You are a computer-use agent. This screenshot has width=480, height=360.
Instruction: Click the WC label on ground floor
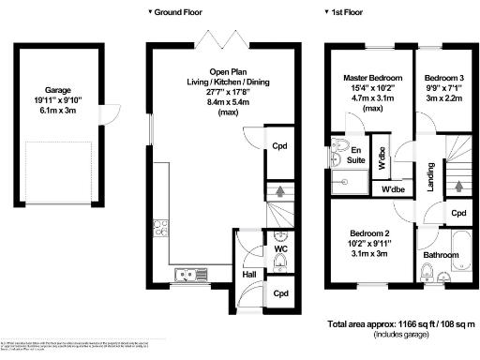(279, 248)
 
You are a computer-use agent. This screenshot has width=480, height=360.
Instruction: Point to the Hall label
(250, 274)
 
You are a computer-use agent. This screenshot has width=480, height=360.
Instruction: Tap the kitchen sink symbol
(195, 274)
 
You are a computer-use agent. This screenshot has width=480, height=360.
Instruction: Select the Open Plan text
(228, 71)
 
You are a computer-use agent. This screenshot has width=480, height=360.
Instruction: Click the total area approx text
(400, 324)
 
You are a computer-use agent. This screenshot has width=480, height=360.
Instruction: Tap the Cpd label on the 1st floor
(458, 213)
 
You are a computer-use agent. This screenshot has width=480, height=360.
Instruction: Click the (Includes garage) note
(400, 336)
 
